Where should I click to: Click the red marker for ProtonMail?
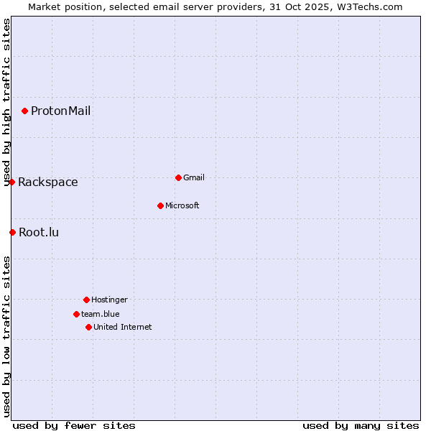24,111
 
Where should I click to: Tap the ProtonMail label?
60,111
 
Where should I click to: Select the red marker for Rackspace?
11,182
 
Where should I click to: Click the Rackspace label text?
48,182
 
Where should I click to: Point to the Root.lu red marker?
12,232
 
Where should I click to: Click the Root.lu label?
39,232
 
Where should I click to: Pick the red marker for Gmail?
178,177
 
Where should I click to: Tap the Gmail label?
194,178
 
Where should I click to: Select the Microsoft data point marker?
160,205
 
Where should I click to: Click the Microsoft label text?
182,206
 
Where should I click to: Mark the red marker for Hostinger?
86,300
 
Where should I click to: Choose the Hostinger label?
109,300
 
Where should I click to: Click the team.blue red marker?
76,314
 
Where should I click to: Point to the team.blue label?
101,314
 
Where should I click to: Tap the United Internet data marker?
88,327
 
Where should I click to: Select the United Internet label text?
123,328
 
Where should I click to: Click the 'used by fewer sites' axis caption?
74,425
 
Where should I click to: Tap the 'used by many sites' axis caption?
361,425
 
